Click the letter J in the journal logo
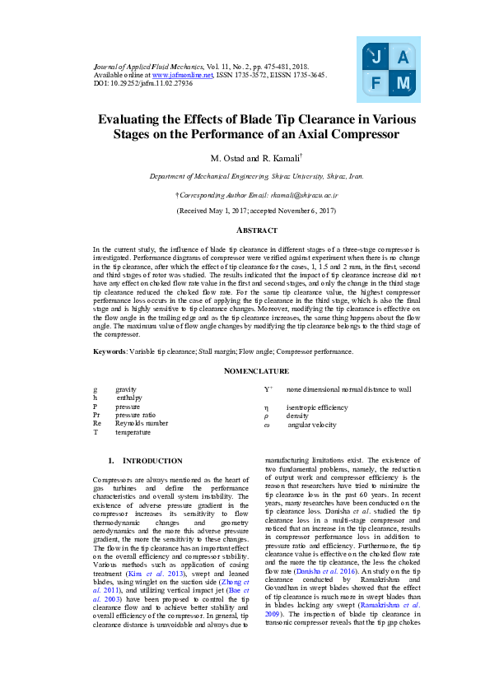coord(376,57)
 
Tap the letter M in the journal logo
coord(403,83)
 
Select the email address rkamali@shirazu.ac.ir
coord(285,194)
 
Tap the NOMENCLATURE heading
coord(257,371)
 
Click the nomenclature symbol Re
coord(97,423)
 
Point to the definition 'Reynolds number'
coord(141,423)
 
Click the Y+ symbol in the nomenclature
coord(268,388)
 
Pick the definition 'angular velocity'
coord(316,425)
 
